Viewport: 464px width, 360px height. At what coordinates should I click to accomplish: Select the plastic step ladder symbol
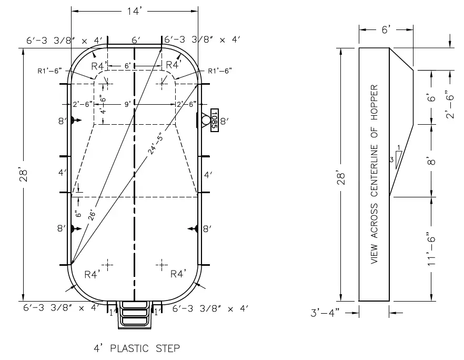point(135,315)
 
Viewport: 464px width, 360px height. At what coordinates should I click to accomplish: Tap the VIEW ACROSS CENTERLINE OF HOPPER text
point(374,173)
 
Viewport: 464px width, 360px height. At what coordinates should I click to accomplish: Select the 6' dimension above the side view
point(385,31)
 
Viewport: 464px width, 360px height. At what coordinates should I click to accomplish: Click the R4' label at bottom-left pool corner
point(93,274)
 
